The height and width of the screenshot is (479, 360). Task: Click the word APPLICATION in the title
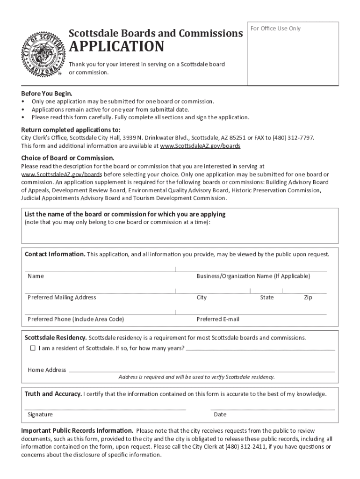coord(116,47)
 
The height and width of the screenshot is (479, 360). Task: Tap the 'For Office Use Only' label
coord(276,29)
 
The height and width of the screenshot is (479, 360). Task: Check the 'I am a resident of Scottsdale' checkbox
coord(33,348)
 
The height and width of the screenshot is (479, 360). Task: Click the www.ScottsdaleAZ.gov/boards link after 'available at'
coord(200,146)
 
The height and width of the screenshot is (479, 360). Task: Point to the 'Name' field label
coord(36,276)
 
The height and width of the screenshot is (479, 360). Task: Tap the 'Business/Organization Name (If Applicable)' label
coord(253,276)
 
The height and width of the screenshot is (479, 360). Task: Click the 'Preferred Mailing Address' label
coord(62,298)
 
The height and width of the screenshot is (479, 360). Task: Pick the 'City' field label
coord(202,298)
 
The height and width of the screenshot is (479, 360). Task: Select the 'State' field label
coord(267,298)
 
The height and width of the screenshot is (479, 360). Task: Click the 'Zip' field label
coord(308,298)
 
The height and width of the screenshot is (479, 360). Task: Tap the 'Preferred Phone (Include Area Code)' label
coord(76,319)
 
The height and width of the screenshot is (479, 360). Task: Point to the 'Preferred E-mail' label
coord(218,319)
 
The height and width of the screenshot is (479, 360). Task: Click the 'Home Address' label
coord(47,370)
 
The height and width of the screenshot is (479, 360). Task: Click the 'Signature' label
coord(40,414)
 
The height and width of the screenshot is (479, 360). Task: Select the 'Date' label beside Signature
coord(220,414)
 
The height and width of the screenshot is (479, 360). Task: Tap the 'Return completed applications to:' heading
coord(71,130)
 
